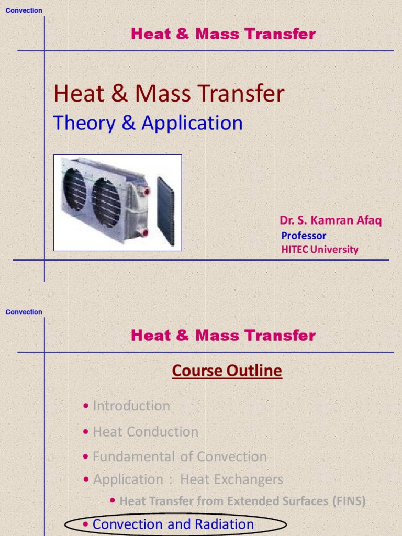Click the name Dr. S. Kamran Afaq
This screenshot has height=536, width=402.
[331, 220]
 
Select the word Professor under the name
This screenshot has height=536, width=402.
[304, 236]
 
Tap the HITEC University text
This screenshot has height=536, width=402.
[320, 249]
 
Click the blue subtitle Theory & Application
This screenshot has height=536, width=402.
[148, 123]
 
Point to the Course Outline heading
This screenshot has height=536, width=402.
[227, 371]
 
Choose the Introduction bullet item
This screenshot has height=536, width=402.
[131, 406]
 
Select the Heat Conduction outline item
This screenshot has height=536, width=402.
[146, 432]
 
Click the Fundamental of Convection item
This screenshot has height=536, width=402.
[180, 456]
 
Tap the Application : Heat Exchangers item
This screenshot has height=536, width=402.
[188, 479]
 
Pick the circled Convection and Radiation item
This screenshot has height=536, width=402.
[173, 524]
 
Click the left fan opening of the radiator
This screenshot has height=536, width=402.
[74, 189]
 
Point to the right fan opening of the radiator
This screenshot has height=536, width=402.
[106, 203]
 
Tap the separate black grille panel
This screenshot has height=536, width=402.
[166, 211]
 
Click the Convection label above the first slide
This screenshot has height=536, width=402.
[24, 10]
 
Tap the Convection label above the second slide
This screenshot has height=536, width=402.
[24, 312]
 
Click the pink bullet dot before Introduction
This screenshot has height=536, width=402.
[86, 406]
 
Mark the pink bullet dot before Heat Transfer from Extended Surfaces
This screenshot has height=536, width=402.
[113, 501]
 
